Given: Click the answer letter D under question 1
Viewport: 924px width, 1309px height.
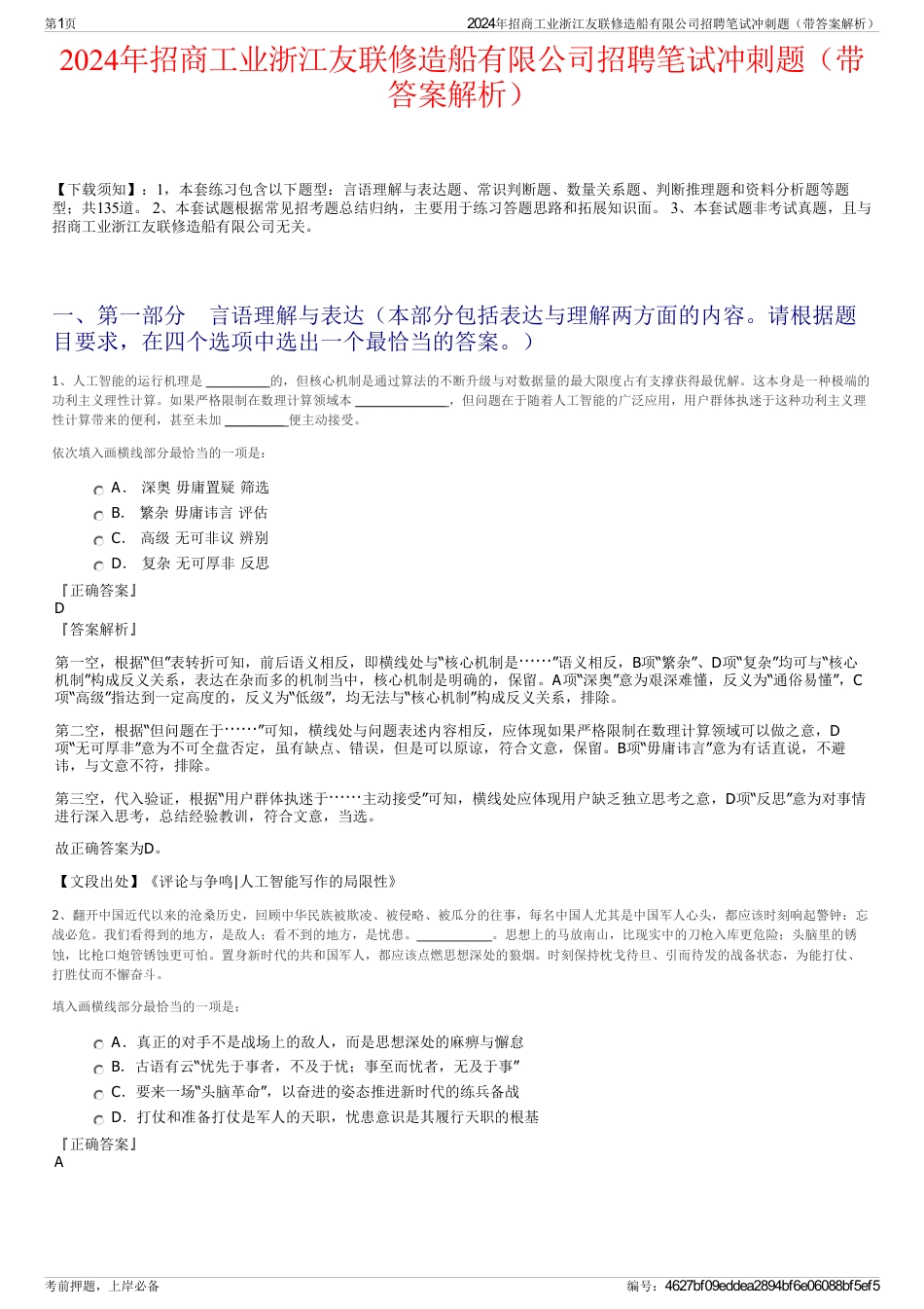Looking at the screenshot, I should pyautogui.click(x=60, y=608).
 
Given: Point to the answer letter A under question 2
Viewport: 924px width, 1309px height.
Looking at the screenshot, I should pyautogui.click(x=59, y=1162).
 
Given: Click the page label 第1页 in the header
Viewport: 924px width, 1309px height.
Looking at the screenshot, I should pyautogui.click(x=61, y=24).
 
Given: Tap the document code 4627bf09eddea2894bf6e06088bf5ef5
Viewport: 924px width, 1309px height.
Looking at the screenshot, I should pyautogui.click(x=772, y=1286).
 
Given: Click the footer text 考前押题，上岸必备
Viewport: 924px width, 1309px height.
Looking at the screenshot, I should pyautogui.click(x=102, y=1286).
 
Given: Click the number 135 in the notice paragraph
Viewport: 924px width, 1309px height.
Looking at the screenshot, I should pyautogui.click(x=108, y=208).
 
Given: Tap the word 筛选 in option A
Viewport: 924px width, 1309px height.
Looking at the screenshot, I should pyautogui.click(x=255, y=488).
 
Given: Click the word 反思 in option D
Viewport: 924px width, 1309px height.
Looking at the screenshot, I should pyautogui.click(x=255, y=564).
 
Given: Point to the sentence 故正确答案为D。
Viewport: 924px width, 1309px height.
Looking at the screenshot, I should pyautogui.click(x=109, y=849).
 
